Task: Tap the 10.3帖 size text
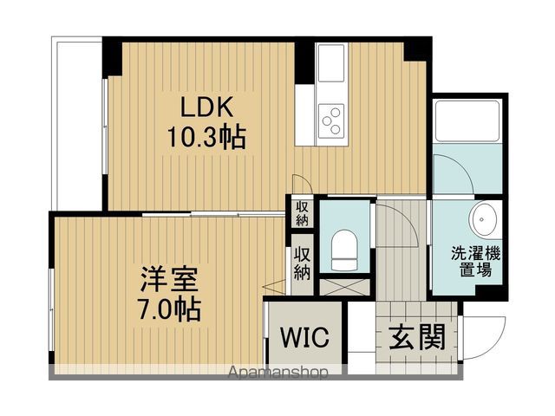(206, 136)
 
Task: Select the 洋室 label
(170, 280)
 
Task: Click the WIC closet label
(303, 337)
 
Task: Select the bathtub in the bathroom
(469, 121)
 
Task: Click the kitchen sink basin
(330, 65)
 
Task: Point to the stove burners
(330, 119)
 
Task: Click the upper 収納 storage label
(301, 212)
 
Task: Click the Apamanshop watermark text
(278, 374)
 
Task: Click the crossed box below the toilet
(344, 286)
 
